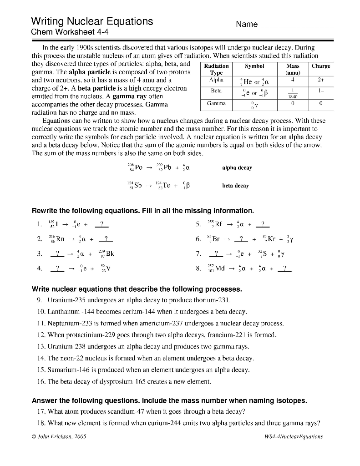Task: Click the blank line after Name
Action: [296, 27]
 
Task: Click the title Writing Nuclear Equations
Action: [92, 21]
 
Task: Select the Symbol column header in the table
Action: [254, 66]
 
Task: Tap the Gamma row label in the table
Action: [216, 104]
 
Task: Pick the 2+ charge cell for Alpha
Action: [321, 80]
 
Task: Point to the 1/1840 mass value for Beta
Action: [294, 93]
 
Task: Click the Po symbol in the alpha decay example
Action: [138, 167]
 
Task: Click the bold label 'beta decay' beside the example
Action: [235, 186]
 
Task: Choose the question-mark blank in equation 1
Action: [101, 224]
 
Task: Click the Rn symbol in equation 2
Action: [60, 238]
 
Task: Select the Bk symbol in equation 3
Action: [110, 254]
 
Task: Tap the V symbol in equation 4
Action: [108, 268]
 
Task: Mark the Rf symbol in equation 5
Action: [218, 224]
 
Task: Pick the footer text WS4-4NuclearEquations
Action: [293, 436]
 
